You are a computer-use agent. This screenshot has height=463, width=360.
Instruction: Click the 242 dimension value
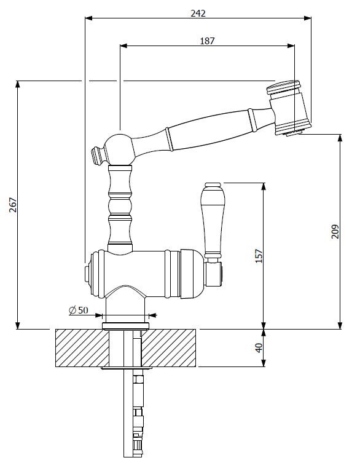click(198, 14)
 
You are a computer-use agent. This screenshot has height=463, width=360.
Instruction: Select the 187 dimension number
click(207, 41)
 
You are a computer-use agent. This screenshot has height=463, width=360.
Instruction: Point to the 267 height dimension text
click(13, 205)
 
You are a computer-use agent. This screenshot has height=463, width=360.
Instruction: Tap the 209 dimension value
click(335, 232)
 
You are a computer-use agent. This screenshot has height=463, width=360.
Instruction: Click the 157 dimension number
click(259, 256)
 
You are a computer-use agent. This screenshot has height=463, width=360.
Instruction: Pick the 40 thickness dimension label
click(259, 348)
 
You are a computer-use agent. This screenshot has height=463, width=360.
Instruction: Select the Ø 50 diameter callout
click(79, 310)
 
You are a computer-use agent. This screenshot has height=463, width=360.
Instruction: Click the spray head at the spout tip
click(289, 108)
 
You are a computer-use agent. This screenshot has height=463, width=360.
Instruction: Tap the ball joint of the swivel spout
click(120, 149)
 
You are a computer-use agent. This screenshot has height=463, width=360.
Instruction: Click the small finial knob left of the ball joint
click(98, 155)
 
